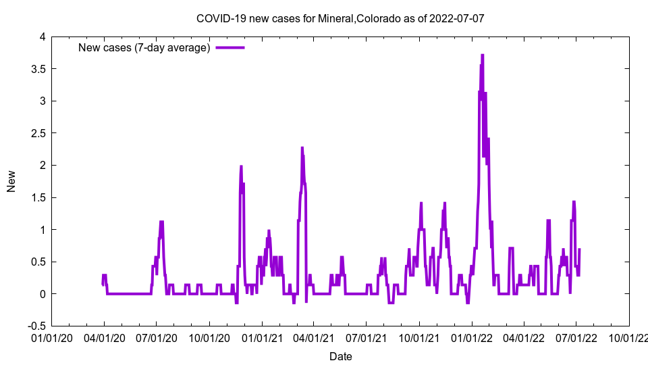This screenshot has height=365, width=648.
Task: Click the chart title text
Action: click(x=340, y=18)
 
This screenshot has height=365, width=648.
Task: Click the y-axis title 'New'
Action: click(x=11, y=181)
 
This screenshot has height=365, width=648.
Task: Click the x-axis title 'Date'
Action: click(x=340, y=356)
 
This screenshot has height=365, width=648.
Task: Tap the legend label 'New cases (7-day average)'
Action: click(x=144, y=47)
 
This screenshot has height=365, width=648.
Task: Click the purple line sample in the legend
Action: click(x=230, y=47)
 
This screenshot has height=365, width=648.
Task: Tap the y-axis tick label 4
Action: click(x=42, y=37)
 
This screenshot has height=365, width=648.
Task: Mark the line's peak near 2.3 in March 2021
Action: click(x=302, y=147)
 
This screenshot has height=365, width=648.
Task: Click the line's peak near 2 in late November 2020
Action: click(x=241, y=166)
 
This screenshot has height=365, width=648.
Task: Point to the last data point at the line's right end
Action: click(x=579, y=249)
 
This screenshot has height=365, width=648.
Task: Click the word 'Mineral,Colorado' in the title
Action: click(x=354, y=18)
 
